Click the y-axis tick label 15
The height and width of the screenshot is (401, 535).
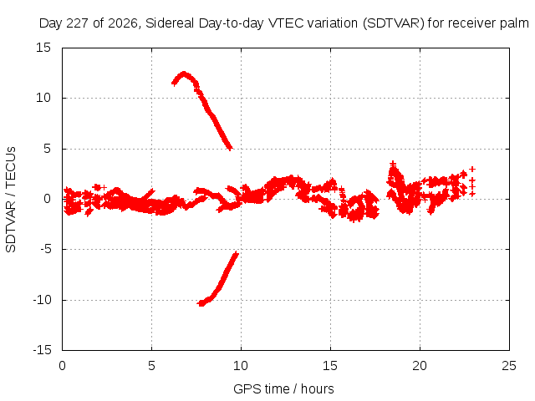(43, 48)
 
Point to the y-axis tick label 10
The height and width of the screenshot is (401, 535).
(43, 98)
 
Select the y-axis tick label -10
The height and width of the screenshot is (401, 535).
(43, 300)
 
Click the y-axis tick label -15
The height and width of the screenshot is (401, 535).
(43, 350)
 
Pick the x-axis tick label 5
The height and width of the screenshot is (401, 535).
(151, 366)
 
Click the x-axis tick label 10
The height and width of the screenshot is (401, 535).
(241, 366)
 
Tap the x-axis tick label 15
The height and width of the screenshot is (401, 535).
(330, 366)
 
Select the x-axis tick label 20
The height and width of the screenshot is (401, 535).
(420, 366)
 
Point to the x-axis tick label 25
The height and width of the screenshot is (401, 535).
(509, 366)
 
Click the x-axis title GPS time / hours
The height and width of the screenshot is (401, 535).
(283, 388)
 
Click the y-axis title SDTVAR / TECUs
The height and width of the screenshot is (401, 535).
(11, 200)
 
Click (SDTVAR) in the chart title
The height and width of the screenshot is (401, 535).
(394, 23)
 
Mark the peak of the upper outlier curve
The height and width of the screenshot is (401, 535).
(184, 74)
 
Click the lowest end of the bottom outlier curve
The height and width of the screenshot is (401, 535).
(201, 303)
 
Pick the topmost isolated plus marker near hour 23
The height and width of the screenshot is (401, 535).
(472, 169)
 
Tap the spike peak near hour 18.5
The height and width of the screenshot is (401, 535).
(394, 164)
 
